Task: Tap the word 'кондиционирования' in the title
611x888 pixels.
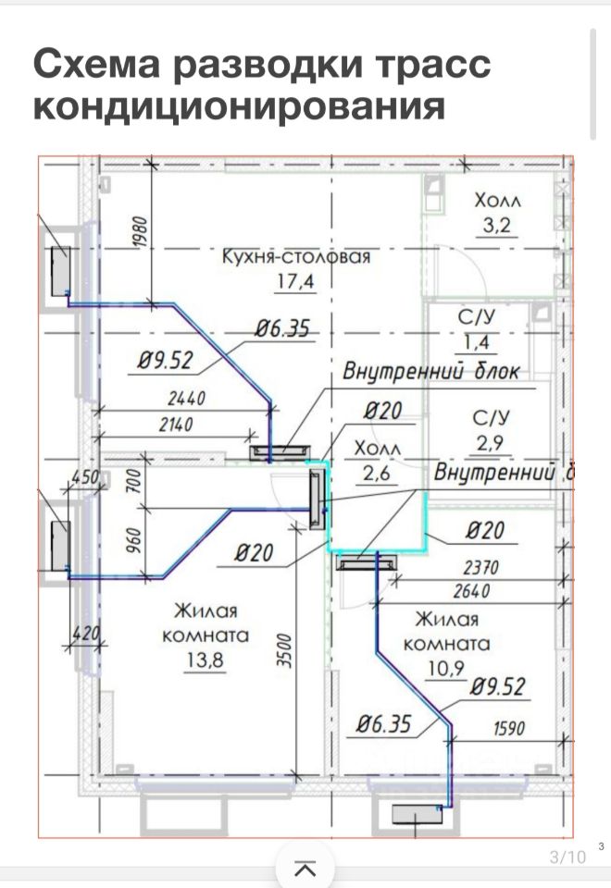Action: (x=239, y=105)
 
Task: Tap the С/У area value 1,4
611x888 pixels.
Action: (x=478, y=342)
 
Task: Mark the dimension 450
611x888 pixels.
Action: (x=85, y=477)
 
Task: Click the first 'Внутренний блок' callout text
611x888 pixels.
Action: (x=431, y=373)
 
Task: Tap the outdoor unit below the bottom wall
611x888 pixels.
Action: (x=418, y=813)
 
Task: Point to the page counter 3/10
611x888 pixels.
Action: (x=568, y=857)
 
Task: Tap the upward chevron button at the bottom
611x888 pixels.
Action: (x=305, y=869)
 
